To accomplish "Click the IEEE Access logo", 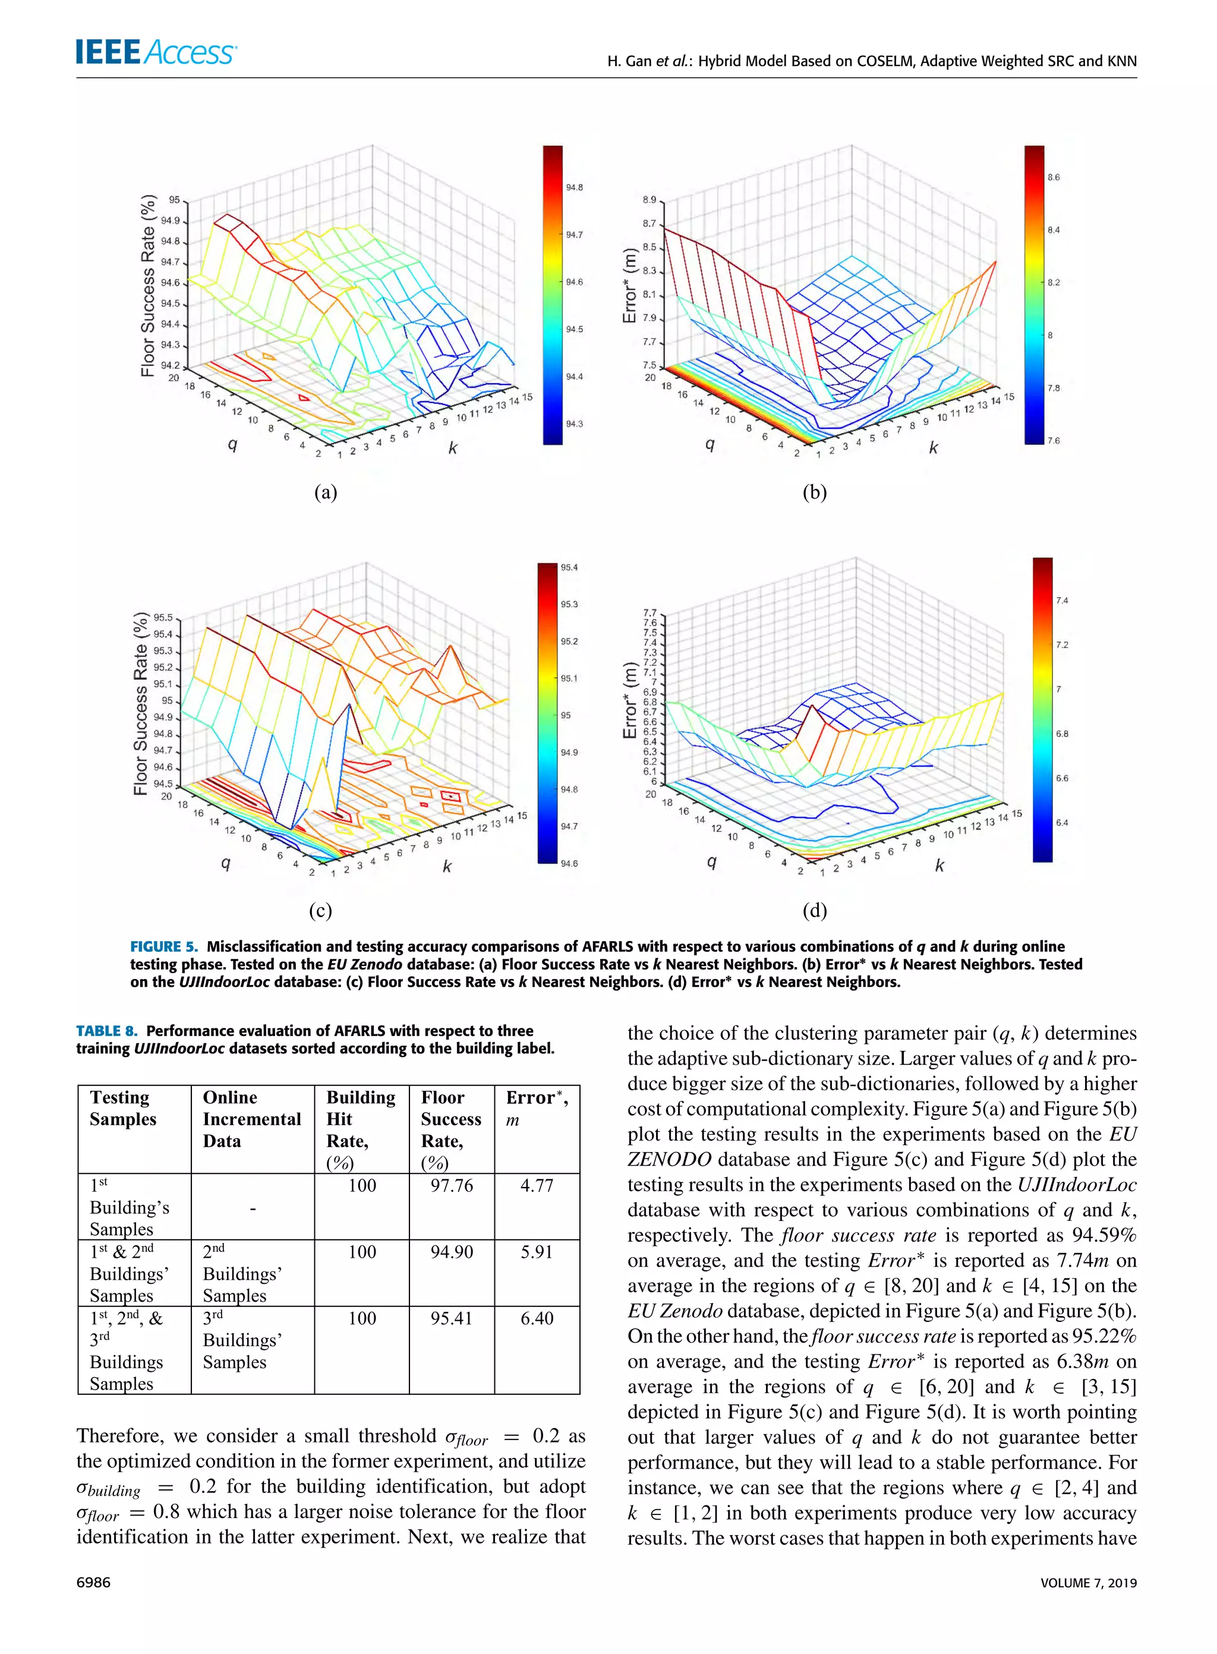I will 156,52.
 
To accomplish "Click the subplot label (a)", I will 325,493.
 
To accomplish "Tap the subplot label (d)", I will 814,911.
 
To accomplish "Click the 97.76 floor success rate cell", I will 452,1186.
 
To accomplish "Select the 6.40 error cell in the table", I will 537,1318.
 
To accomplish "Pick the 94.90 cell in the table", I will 452,1252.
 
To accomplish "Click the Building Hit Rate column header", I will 360,1129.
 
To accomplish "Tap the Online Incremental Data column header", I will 251,1119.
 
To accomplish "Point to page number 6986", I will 93,1583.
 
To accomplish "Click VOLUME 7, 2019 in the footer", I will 1088,1583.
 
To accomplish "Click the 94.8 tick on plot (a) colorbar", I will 574,188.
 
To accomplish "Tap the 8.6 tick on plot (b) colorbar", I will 1054,178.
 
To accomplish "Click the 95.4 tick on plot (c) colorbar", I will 569,568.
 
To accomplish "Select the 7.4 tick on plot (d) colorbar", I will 1061,601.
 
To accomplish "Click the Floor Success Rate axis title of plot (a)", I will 148,286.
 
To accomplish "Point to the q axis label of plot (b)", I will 710,444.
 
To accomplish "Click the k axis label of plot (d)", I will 939,865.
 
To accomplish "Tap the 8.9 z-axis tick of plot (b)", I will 648,200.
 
